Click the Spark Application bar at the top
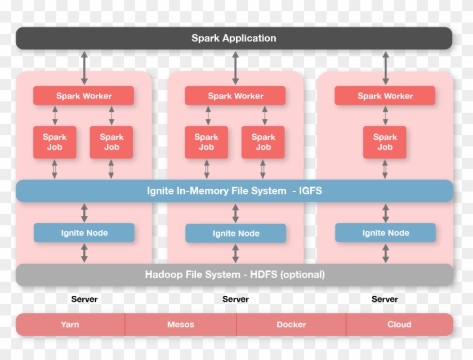(234, 38)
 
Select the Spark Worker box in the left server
(83, 96)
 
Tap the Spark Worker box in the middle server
(235, 96)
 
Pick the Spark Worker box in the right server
(385, 96)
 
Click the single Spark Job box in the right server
(385, 142)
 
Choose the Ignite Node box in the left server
(84, 233)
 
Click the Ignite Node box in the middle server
(235, 233)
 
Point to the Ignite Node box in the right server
(385, 233)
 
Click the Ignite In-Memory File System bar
(234, 191)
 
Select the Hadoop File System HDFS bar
(234, 275)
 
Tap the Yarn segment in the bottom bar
(70, 325)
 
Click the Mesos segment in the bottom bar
(180, 325)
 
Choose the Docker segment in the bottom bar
(291, 325)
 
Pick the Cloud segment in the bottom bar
(399, 325)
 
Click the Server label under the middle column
(235, 299)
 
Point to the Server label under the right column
(385, 299)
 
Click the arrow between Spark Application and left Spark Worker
(84, 68)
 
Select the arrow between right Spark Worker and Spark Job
(385, 115)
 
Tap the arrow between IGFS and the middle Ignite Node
(235, 213)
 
